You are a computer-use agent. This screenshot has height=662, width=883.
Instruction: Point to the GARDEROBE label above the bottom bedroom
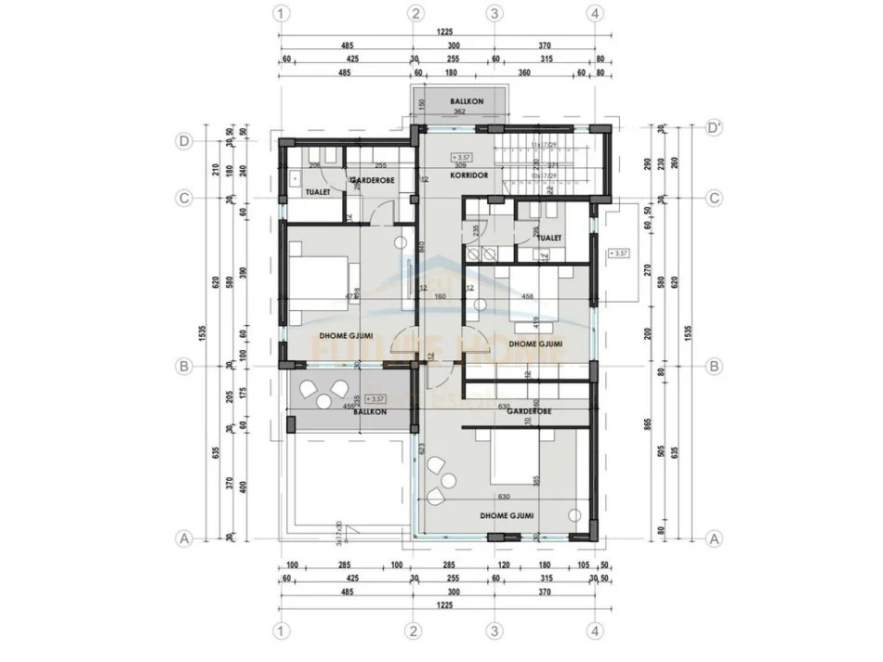[x=530, y=410]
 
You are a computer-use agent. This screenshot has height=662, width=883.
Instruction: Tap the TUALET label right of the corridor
[x=549, y=238]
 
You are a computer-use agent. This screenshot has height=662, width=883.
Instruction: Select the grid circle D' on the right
[x=714, y=126]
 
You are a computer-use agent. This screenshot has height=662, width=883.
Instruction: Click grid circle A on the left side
[x=184, y=538]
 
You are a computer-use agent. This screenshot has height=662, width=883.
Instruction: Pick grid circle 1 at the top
[x=283, y=13]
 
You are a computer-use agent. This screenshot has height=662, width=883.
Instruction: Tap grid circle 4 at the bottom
[x=593, y=630]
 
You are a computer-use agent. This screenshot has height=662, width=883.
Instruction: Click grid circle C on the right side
[x=714, y=198]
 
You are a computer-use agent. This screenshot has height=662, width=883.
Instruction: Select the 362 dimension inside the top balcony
[x=459, y=111]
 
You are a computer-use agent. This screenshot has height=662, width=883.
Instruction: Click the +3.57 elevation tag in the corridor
[x=461, y=156]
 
